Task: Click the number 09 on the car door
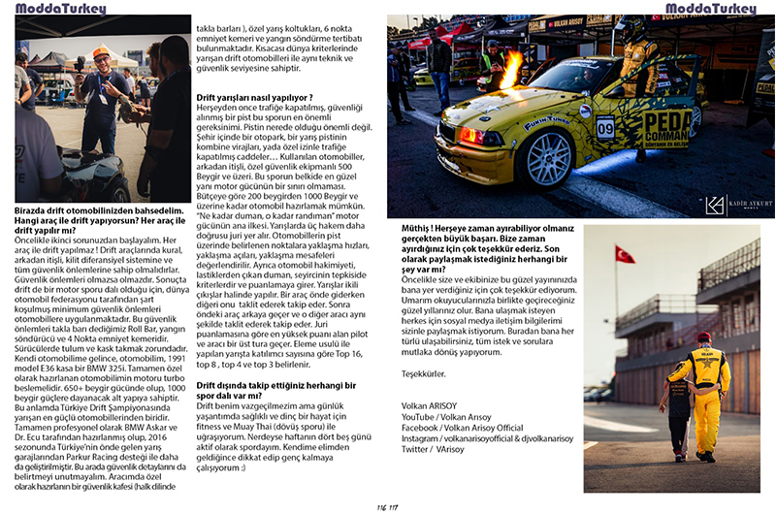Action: (x=605, y=127)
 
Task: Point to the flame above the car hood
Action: (x=511, y=68)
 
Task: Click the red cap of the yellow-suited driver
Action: (x=704, y=337)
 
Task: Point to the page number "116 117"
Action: (x=388, y=505)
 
